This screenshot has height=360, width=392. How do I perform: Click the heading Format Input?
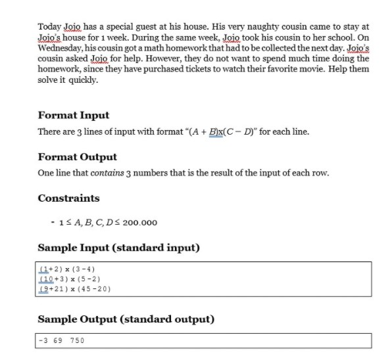(x=74, y=116)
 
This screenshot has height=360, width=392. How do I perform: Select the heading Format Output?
(x=78, y=157)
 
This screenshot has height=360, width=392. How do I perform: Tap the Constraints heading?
(x=68, y=198)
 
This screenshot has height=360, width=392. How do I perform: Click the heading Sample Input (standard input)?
(x=119, y=248)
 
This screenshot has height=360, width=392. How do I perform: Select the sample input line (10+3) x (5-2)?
(x=70, y=279)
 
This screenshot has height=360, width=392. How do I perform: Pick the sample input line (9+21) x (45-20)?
(x=74, y=288)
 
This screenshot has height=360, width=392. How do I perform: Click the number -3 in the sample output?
(x=44, y=340)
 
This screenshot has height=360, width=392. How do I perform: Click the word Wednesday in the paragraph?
(x=60, y=48)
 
